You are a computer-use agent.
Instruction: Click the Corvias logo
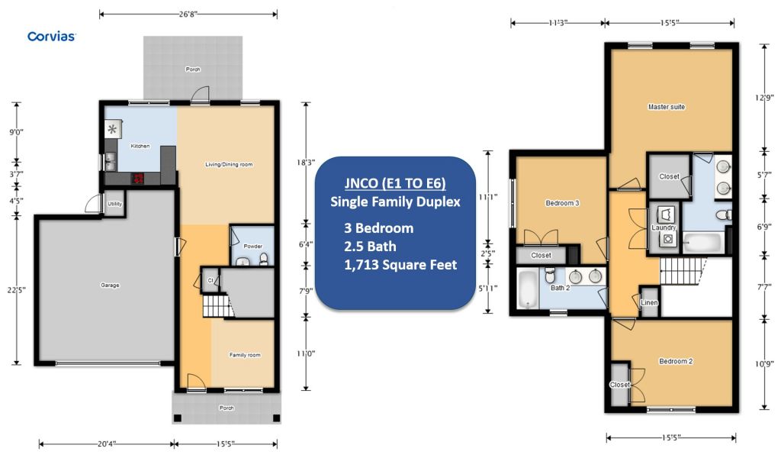[x=51, y=37]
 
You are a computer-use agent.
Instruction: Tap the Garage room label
[x=110, y=285]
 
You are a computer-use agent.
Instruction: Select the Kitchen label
[x=140, y=146]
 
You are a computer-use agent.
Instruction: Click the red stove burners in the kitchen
[x=137, y=179]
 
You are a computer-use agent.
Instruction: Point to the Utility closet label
[x=114, y=204]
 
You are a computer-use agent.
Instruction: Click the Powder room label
[x=253, y=247]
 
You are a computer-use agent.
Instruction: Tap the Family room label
[x=245, y=355]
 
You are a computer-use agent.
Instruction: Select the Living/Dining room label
[x=229, y=164]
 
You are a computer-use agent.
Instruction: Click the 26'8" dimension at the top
[x=188, y=14]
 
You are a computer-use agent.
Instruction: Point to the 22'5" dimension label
[x=16, y=289]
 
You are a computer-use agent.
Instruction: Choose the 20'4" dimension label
[x=107, y=443]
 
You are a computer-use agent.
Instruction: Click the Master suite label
[x=667, y=107]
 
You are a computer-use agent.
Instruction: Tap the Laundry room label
[x=664, y=227]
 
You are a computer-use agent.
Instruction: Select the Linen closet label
[x=650, y=302]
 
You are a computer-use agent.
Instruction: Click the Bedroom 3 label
[x=562, y=203]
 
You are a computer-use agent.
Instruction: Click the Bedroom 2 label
[x=676, y=361]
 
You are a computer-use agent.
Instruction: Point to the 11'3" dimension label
[x=558, y=23]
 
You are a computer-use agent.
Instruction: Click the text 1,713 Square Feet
[x=400, y=265]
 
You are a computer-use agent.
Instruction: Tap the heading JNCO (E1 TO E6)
[x=395, y=183]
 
